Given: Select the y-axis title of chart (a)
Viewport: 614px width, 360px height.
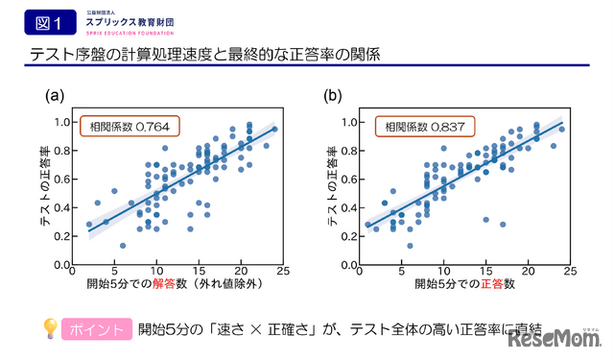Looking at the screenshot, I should pyautogui.click(x=45, y=192).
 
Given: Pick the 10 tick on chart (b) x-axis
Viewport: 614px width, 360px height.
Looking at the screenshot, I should pyautogui.click(x=442, y=272).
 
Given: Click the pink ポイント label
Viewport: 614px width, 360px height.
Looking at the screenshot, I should pyautogui.click(x=96, y=329).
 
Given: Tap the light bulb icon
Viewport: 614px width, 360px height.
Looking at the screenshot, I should pyautogui.click(x=49, y=328).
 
